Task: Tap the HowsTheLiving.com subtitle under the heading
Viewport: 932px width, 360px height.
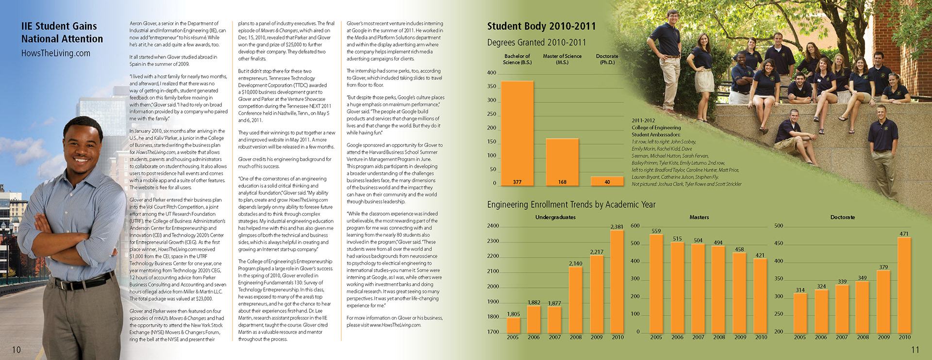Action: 56,53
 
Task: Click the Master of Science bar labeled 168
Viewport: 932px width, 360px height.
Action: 562,160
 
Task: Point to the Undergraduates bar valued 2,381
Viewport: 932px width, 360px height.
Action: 617,281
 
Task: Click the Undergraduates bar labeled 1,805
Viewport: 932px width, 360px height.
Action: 513,325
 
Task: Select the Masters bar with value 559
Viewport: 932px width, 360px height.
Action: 656,284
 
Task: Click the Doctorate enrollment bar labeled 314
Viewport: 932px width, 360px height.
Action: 800,313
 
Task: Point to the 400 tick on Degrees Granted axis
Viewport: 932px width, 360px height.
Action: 492,73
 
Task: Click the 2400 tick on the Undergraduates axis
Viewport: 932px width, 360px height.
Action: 493,226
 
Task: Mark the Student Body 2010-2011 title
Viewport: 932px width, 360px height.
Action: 541,27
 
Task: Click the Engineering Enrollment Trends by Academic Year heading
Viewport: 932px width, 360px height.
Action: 571,205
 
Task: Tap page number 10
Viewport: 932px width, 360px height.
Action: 17,350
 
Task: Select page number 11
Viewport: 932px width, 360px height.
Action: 915,350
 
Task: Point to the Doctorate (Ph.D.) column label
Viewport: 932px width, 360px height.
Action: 607,59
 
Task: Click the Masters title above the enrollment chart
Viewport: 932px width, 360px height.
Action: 699,217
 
